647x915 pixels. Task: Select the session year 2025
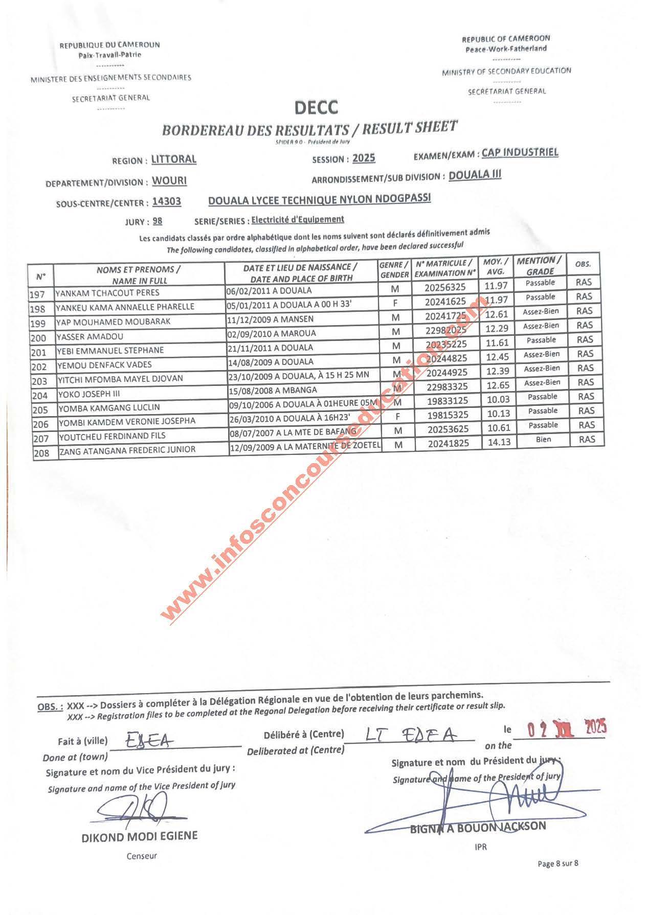point(364,158)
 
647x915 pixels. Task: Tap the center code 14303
point(167,202)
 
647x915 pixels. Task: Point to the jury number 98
point(158,221)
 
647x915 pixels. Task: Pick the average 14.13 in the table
point(499,442)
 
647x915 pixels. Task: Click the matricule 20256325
point(445,288)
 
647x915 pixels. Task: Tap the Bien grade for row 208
point(543,440)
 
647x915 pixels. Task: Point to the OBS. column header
point(583,264)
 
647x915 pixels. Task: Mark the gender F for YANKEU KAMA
point(395,303)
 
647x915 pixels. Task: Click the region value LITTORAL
point(174,159)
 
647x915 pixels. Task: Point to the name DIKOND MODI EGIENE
point(139,837)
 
